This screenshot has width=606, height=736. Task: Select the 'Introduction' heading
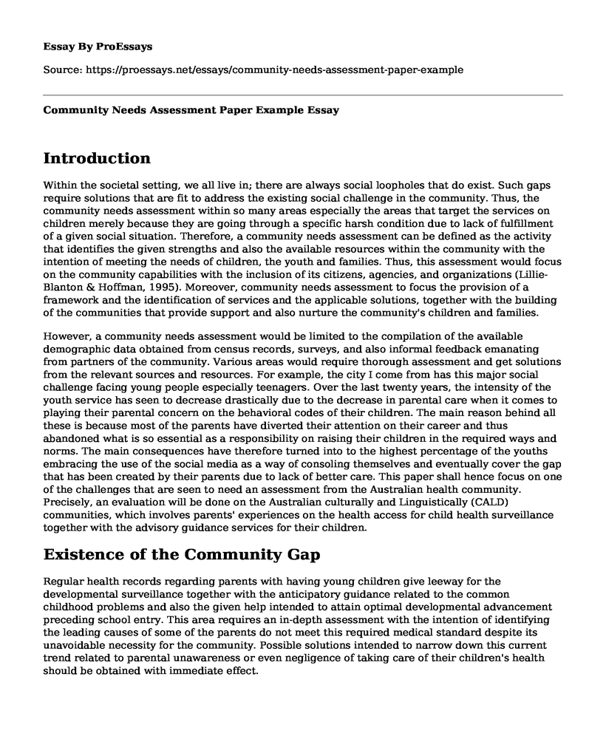(x=97, y=158)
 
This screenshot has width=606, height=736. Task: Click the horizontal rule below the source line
(x=303, y=95)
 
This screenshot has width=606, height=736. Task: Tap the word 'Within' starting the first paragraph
(x=61, y=187)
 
